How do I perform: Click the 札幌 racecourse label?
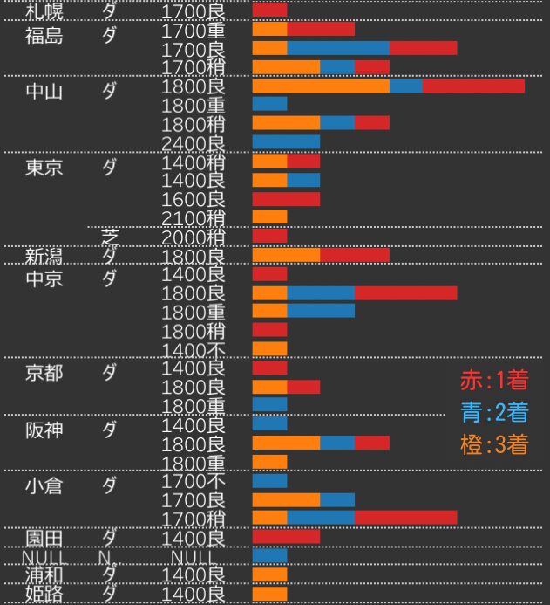(x=44, y=11)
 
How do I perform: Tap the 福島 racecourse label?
(x=44, y=36)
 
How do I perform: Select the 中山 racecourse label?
(x=44, y=92)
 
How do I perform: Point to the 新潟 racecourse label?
(x=44, y=256)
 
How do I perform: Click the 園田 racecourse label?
(x=44, y=536)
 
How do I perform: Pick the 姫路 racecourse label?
(x=44, y=594)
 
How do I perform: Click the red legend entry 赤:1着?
(x=493, y=381)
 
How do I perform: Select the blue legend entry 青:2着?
(x=493, y=412)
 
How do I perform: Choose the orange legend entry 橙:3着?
(x=493, y=444)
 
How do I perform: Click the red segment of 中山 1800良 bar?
(x=473, y=86)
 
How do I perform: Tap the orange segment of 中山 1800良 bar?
(x=321, y=86)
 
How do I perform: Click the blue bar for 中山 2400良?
(x=286, y=141)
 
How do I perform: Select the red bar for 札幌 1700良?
(x=269, y=10)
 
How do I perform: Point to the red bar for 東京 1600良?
(x=286, y=198)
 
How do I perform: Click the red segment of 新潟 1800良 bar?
(x=354, y=255)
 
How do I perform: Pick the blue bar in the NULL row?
(x=269, y=555)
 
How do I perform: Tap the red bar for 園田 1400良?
(x=286, y=536)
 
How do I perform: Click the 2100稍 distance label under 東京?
(x=194, y=217)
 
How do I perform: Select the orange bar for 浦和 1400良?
(x=269, y=574)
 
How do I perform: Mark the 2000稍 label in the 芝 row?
(x=194, y=237)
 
